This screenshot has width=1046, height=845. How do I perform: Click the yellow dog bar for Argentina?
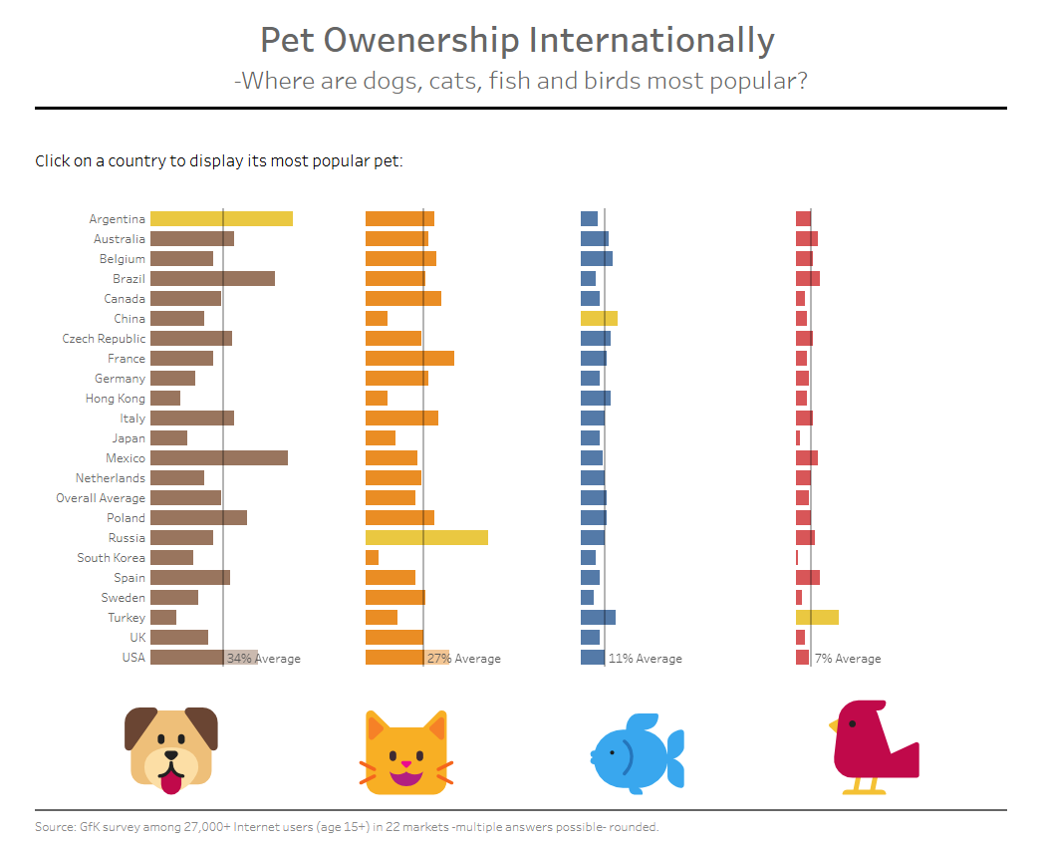click(x=221, y=219)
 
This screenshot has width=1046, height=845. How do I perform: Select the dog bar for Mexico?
click(x=219, y=458)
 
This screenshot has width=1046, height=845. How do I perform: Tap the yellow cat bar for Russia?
click(x=426, y=538)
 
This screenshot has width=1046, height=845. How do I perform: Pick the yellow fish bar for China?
click(x=599, y=319)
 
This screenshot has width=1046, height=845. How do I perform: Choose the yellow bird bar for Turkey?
click(x=817, y=618)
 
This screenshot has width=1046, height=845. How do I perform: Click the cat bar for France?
click(x=409, y=359)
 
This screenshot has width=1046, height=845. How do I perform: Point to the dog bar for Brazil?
click(x=212, y=279)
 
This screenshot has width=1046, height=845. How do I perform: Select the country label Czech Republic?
click(x=104, y=339)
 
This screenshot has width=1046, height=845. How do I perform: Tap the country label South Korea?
click(x=111, y=558)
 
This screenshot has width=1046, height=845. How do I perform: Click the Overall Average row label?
click(x=101, y=498)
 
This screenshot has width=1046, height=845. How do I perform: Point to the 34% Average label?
click(x=264, y=659)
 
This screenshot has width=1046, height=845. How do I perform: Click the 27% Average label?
click(x=464, y=659)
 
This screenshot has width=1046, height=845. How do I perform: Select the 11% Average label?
click(x=646, y=659)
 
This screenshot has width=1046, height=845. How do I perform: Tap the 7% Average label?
click(x=848, y=659)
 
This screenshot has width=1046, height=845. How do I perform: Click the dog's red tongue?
click(x=172, y=782)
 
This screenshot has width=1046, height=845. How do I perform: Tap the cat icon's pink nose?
click(x=405, y=764)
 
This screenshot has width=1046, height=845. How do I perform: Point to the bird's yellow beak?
click(x=835, y=726)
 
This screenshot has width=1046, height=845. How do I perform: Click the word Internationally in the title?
click(x=652, y=41)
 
